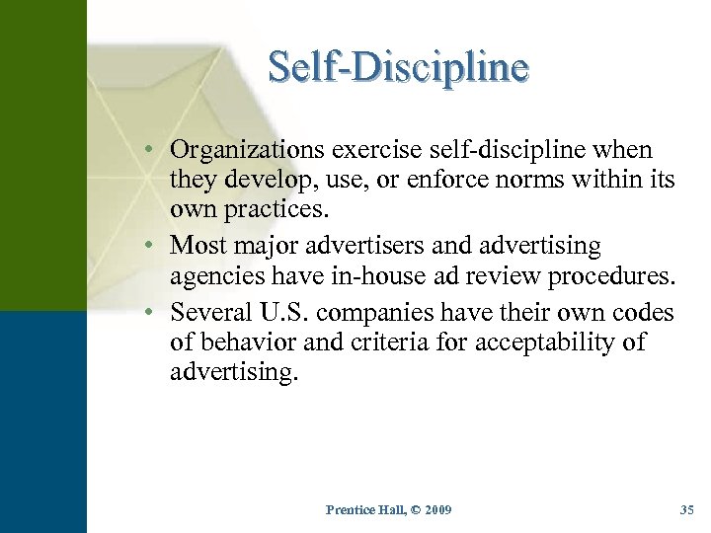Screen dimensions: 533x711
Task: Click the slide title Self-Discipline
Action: pos(399,68)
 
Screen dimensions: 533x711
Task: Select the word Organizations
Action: pos(248,150)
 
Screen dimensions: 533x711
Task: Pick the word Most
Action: pos(197,244)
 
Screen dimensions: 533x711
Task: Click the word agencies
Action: pos(212,276)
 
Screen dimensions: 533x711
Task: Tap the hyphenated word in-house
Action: pos(365,275)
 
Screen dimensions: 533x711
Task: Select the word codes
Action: pos(642,313)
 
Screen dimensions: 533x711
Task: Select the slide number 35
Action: pos(687,509)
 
